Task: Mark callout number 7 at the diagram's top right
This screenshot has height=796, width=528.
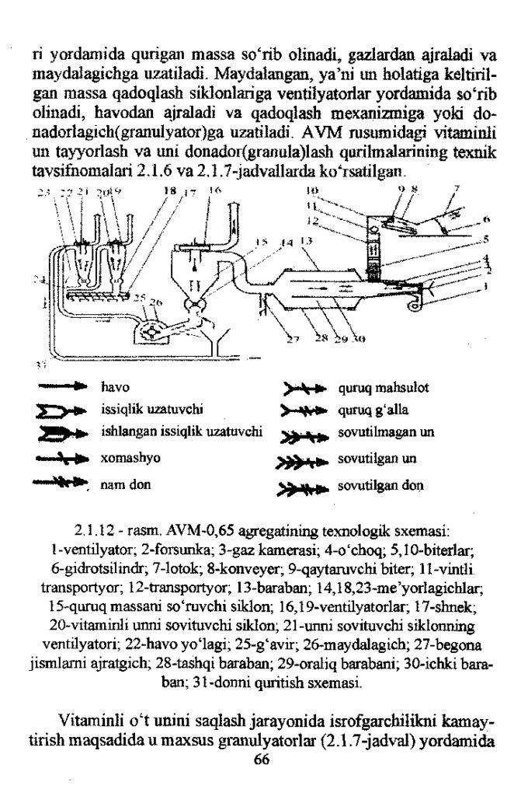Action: (457, 189)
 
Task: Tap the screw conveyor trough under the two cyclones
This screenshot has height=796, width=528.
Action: (96, 295)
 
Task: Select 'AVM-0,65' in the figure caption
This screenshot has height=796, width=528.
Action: (232, 534)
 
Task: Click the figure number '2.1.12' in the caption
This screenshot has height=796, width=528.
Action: (94, 534)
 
